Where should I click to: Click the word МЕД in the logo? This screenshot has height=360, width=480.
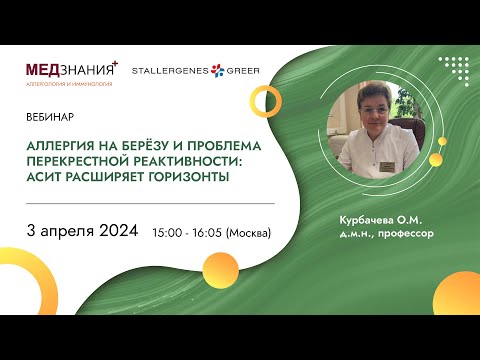[x=46, y=69]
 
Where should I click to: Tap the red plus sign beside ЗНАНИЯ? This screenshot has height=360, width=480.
[x=115, y=63]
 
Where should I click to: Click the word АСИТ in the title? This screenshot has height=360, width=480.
[x=46, y=177]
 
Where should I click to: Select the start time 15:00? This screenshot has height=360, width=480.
[x=168, y=233]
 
